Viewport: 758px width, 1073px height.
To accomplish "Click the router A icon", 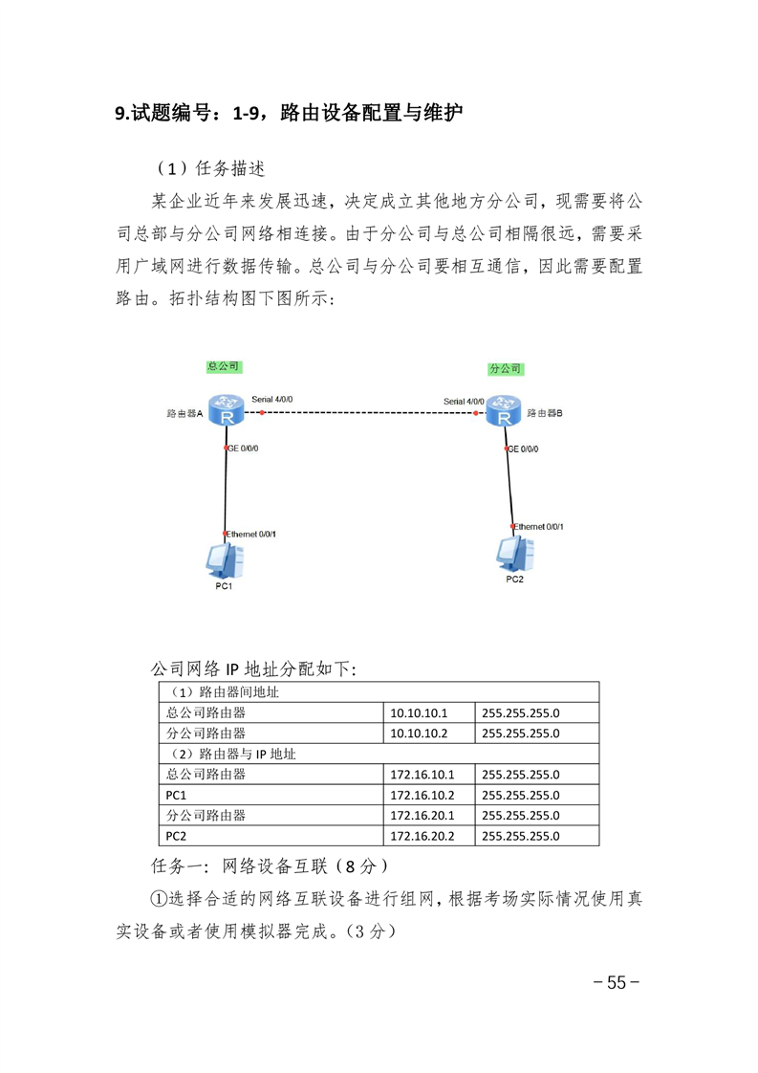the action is coord(227,409).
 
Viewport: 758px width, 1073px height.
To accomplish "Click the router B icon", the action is coord(504,410).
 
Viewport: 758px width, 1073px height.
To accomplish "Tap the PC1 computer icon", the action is coord(225,561).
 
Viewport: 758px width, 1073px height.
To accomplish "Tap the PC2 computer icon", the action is coord(515,555).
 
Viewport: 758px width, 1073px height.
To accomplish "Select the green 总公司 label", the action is coord(224,366).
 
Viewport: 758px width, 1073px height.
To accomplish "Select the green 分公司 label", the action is coord(506,368).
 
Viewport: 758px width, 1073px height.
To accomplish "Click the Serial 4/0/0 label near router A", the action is coord(271,399).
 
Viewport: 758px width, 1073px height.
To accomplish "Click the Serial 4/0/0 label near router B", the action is coord(464,401).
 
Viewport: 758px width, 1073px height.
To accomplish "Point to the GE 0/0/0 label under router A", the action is coord(243,449).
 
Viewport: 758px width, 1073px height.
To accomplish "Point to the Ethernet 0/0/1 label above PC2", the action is coord(539,526).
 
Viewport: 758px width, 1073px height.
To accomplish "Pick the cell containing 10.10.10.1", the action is coord(429,712).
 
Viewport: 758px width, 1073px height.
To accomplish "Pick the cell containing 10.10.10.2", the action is coord(429,733).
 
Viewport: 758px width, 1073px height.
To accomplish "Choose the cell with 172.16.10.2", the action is coord(429,795).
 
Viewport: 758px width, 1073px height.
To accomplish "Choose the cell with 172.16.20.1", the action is coord(429,815).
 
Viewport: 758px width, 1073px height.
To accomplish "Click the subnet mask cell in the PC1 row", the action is coord(537,795).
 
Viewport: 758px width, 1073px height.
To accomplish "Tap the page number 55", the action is coord(617,982).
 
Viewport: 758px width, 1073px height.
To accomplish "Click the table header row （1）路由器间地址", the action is coord(379,691).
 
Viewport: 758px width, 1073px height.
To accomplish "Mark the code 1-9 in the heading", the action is coord(246,113).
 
